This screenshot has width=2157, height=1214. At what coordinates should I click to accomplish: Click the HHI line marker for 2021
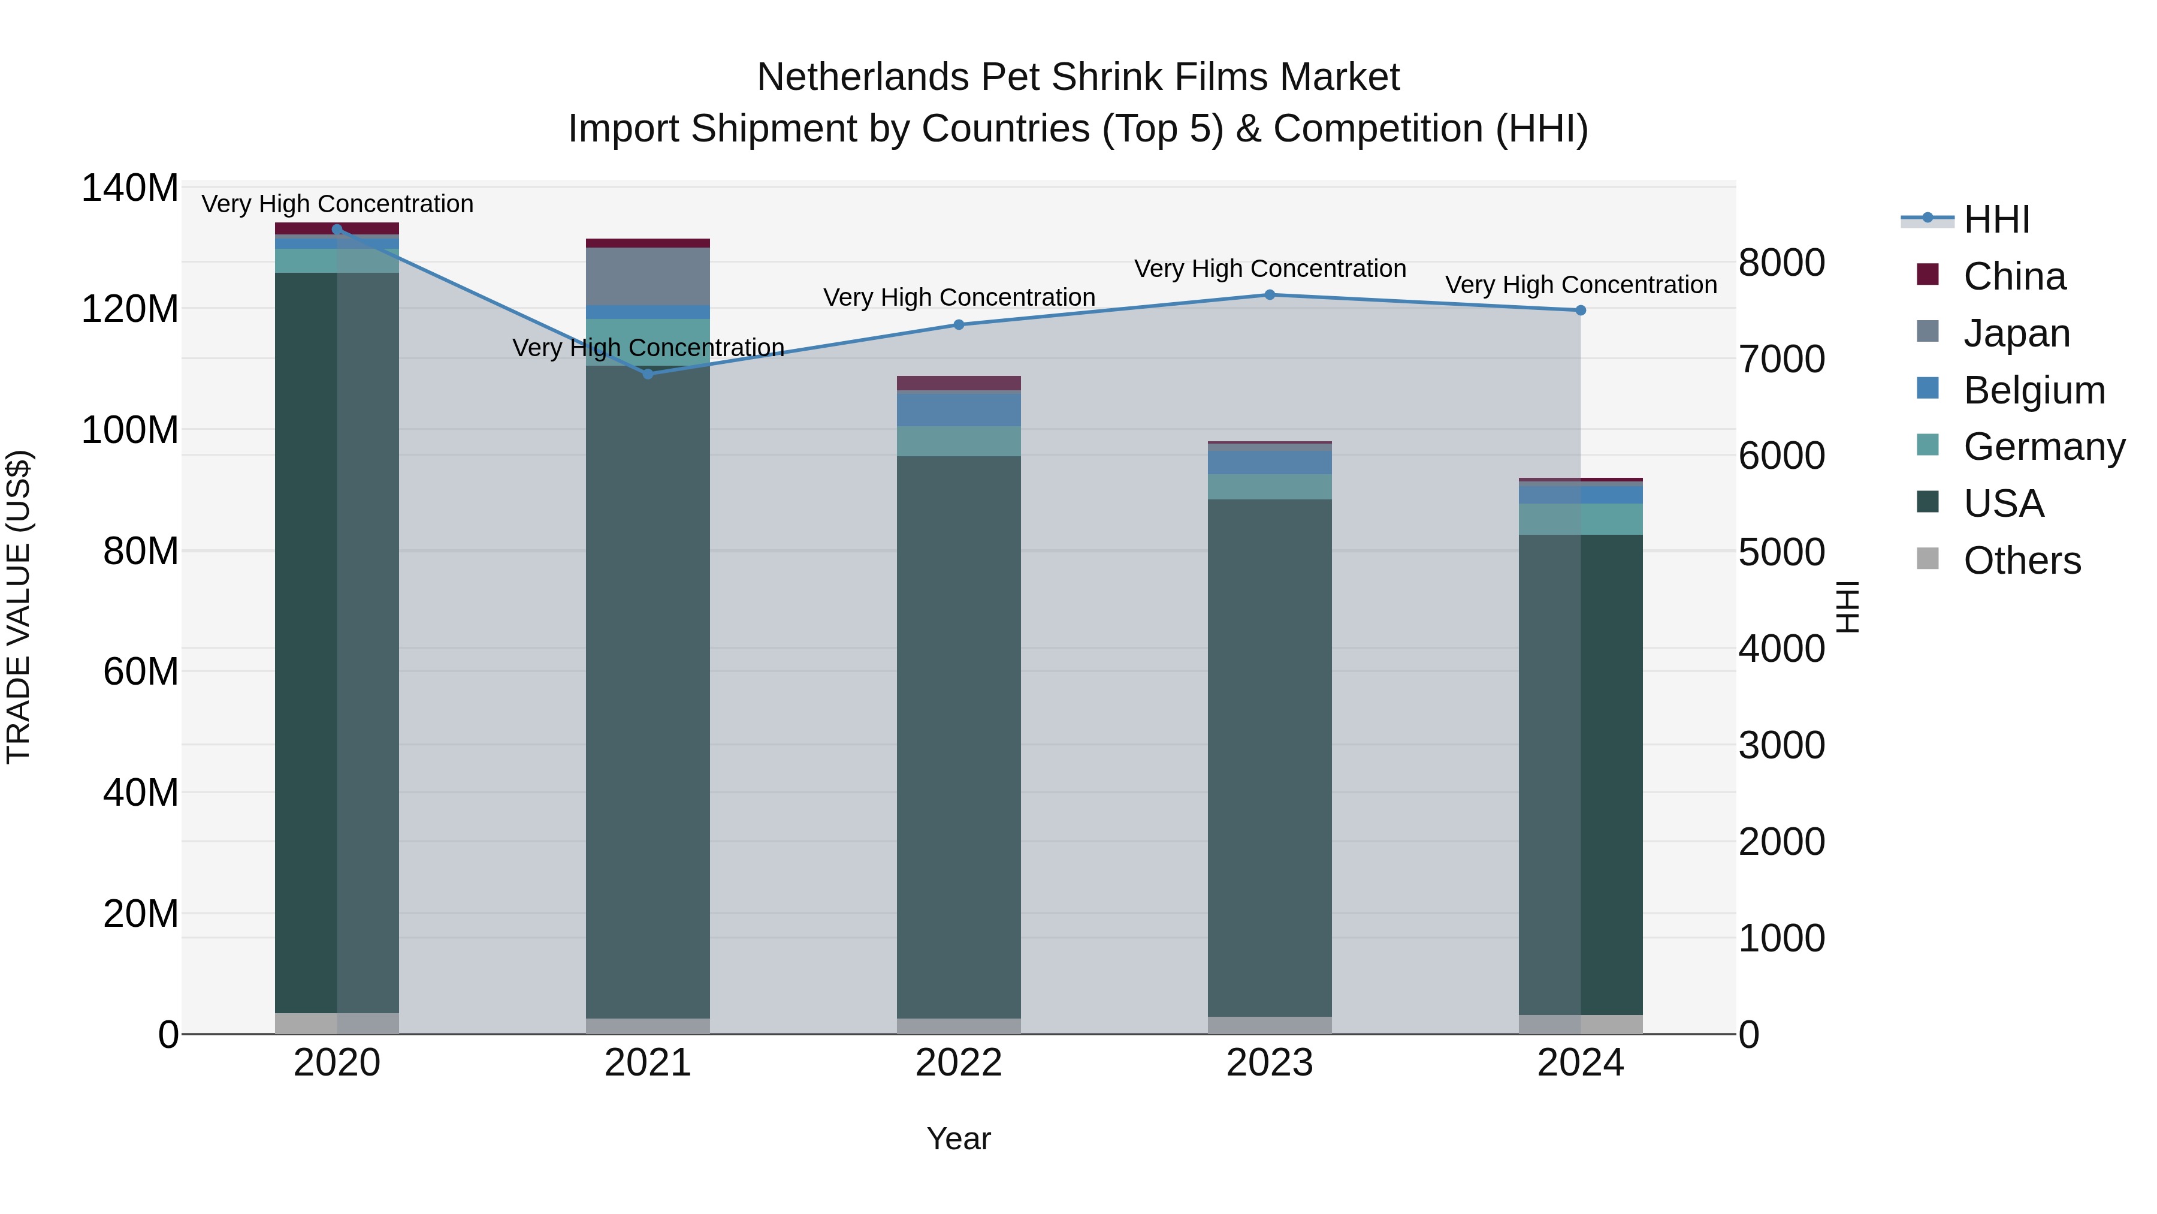click(647, 373)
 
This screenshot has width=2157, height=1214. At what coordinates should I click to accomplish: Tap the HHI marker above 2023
click(1270, 295)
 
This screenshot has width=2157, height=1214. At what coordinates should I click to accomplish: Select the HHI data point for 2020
click(337, 230)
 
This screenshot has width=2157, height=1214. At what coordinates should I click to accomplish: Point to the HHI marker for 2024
click(1580, 311)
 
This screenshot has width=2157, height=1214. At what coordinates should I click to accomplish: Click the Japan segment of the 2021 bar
click(647, 276)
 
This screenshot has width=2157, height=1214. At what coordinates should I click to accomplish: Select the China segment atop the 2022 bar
click(959, 384)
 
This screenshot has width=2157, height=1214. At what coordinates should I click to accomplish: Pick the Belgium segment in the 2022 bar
click(959, 409)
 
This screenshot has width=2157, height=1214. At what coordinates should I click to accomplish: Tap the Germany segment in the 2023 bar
click(1270, 487)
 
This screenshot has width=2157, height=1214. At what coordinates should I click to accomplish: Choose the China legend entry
click(2014, 276)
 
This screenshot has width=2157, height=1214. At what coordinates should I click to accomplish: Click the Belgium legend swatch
click(1928, 388)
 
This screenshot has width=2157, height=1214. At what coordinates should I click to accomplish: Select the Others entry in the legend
click(2022, 561)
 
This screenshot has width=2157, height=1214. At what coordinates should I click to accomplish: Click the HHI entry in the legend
click(1996, 219)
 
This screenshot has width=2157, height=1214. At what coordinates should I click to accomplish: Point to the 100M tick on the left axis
click(130, 430)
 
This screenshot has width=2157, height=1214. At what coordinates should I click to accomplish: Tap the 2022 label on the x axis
click(959, 1063)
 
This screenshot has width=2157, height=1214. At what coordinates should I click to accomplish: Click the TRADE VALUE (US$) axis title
click(19, 607)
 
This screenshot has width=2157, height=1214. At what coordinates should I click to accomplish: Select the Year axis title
click(959, 1138)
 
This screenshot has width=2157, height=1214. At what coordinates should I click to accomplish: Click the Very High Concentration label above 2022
click(959, 297)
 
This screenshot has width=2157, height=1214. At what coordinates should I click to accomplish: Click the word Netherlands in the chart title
click(862, 77)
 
